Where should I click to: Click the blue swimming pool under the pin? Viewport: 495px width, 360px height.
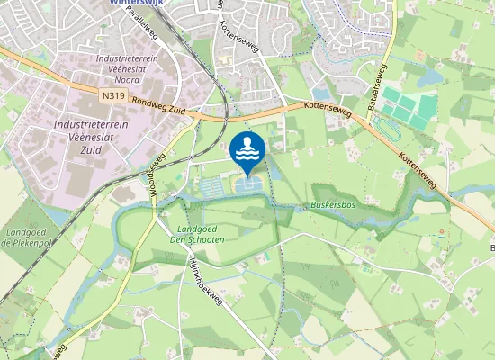click(250, 184)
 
